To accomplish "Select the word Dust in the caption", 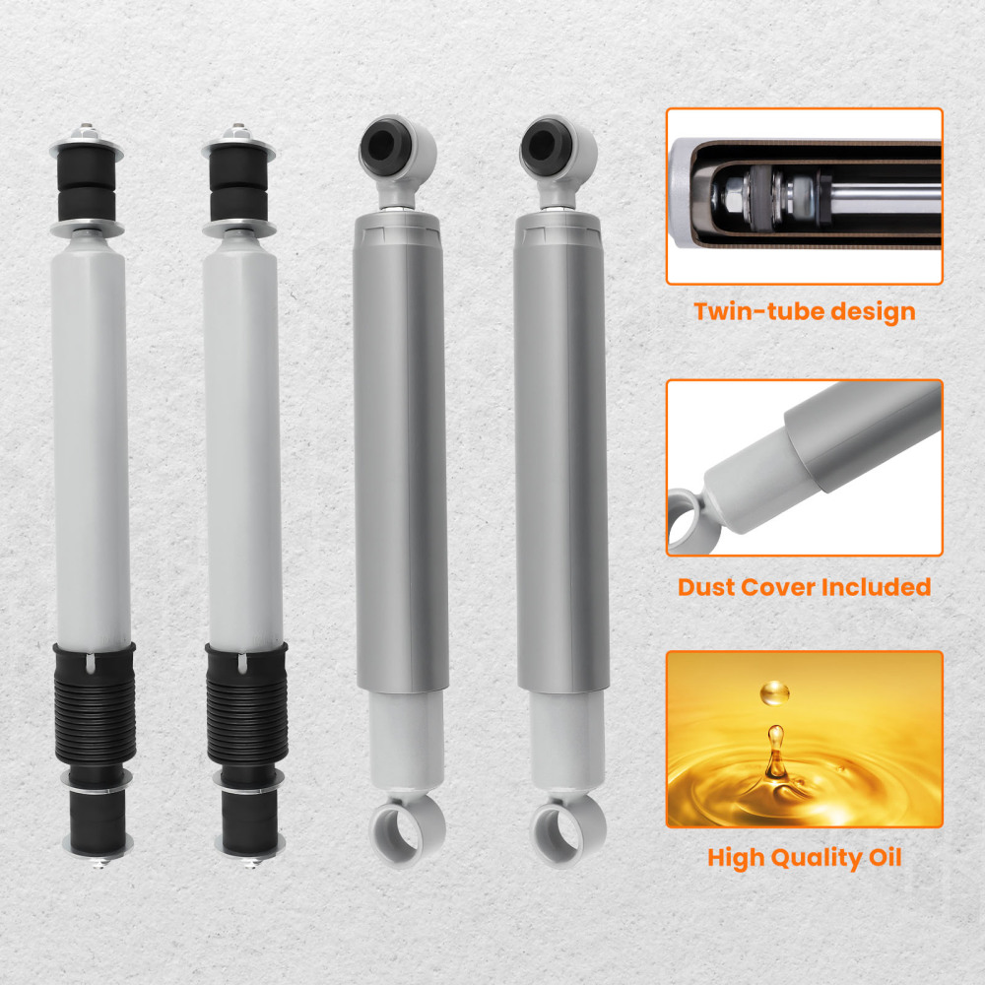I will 708,588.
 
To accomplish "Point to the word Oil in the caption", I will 882,858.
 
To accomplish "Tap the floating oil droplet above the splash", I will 774,695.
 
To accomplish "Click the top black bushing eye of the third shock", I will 382,144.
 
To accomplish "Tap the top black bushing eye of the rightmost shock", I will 543,144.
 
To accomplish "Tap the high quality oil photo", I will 804,739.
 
